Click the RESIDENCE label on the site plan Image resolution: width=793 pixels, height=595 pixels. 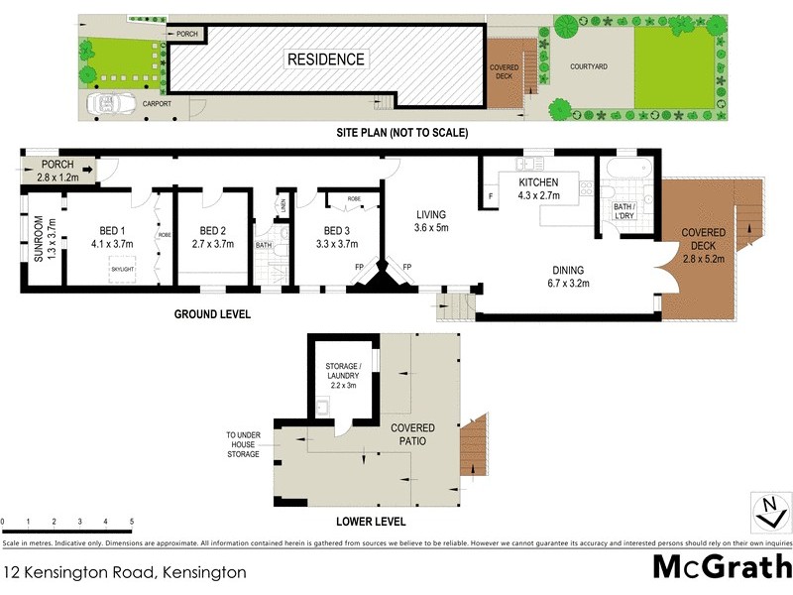[x=326, y=59]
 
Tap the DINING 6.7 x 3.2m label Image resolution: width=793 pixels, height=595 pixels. [x=568, y=276]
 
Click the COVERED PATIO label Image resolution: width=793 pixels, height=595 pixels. [x=408, y=433]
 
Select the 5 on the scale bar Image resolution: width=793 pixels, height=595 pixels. [x=132, y=521]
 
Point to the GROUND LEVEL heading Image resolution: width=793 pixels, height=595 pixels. [x=213, y=314]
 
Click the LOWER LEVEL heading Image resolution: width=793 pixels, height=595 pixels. [x=371, y=522]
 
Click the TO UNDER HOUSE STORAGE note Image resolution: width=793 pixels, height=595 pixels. [x=242, y=444]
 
